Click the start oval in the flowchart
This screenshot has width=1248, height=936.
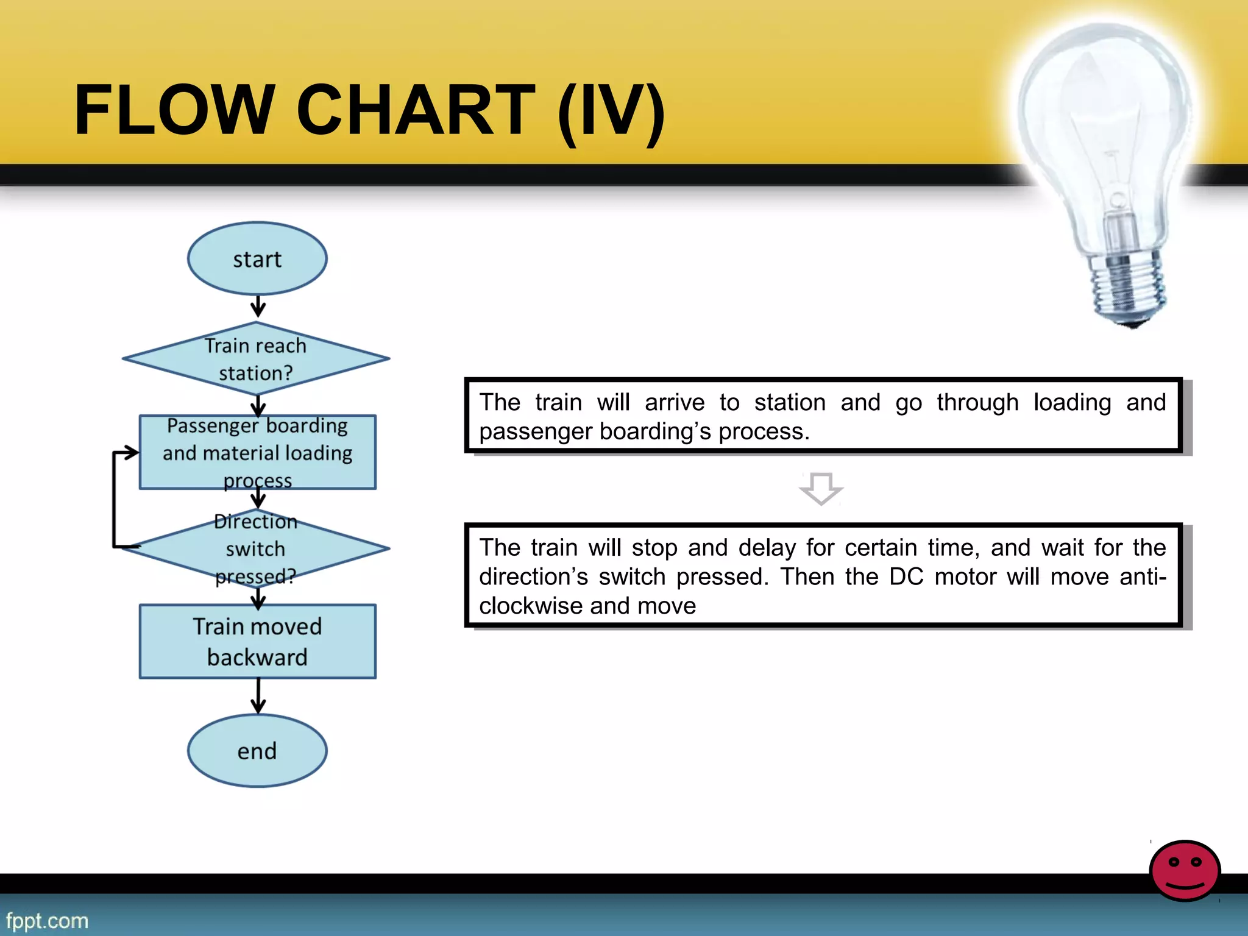(x=257, y=259)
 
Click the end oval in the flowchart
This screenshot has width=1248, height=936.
(x=257, y=751)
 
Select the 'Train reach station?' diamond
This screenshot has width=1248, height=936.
(x=256, y=359)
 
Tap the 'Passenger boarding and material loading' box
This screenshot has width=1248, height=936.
(x=257, y=452)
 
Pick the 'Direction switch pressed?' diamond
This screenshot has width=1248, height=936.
(x=256, y=548)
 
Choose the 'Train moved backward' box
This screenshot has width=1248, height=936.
(x=257, y=641)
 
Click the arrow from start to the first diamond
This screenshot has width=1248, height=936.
(x=258, y=307)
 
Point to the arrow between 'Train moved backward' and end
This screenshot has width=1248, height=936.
(x=258, y=696)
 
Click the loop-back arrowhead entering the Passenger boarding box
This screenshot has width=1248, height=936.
(x=130, y=453)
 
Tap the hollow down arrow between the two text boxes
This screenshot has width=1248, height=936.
(x=821, y=488)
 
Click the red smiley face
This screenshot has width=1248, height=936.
(x=1185, y=870)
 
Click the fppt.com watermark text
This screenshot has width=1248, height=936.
(x=47, y=920)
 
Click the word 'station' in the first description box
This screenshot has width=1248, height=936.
(x=790, y=403)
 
